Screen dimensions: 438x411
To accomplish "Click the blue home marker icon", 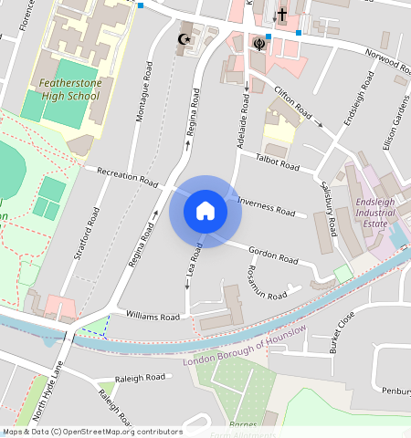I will [205, 211].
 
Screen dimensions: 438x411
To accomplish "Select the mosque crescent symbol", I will [185, 39].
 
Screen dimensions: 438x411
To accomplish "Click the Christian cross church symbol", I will [282, 15].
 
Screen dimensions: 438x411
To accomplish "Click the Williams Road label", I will [153, 316].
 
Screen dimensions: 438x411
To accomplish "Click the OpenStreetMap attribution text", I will [92, 432].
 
